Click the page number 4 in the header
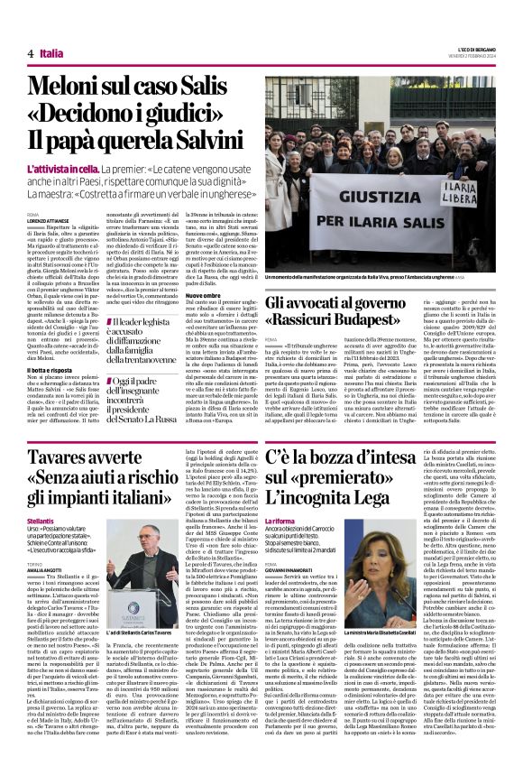(x=31, y=53)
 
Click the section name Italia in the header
(x=51, y=53)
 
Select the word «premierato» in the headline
(x=325, y=491)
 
